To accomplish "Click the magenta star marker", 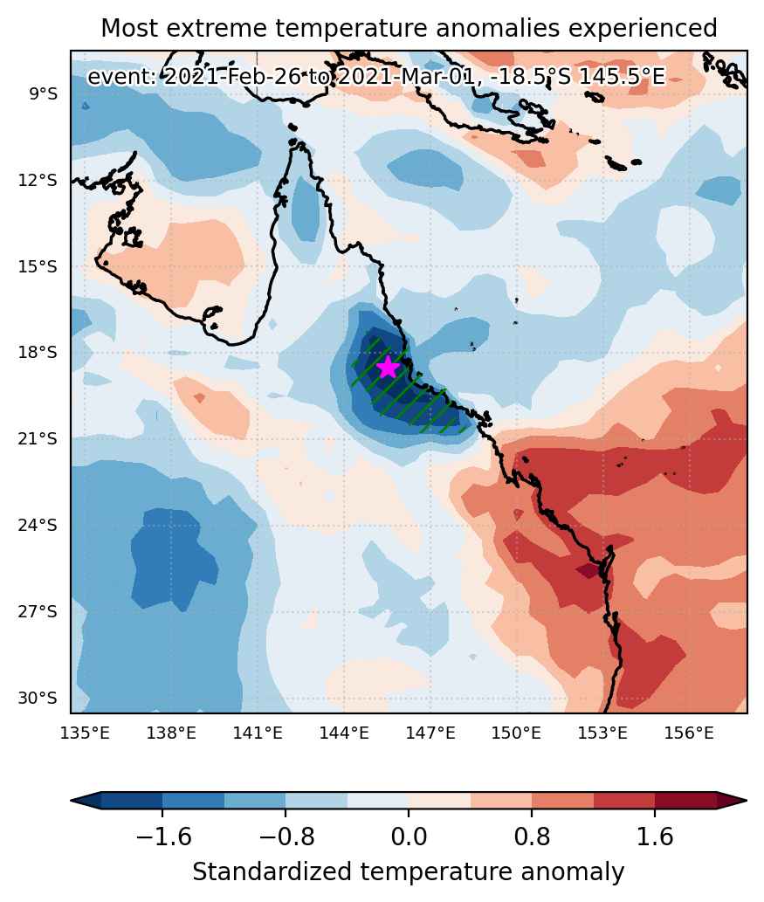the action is click(x=389, y=367).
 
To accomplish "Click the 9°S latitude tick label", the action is click(x=43, y=93).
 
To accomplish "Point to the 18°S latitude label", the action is click(x=38, y=353).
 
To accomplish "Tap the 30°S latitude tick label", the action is click(x=38, y=698).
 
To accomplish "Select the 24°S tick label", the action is click(x=38, y=525).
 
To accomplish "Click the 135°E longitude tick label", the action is click(x=86, y=733).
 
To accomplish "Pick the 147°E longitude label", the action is click(x=430, y=733).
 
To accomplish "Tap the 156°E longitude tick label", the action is click(x=689, y=733).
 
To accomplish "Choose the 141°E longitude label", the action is click(x=258, y=733).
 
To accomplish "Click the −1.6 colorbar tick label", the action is click(x=162, y=837).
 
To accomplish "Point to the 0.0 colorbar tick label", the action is click(x=409, y=837).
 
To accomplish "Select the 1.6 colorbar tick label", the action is click(x=655, y=837).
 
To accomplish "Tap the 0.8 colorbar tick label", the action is click(x=532, y=837).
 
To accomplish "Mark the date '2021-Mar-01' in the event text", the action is click(x=407, y=76).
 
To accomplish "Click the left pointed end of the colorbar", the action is click(x=72, y=800).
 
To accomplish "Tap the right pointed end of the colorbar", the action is click(x=747, y=800).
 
